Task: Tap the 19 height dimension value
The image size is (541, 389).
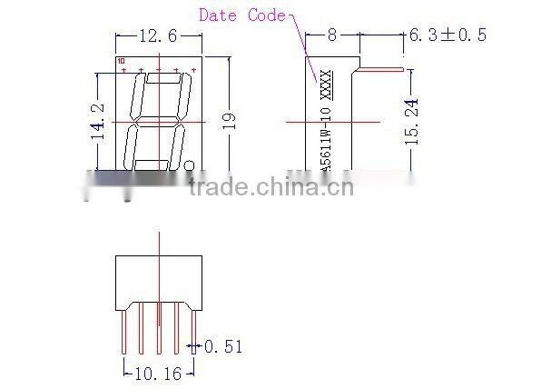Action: point(229,118)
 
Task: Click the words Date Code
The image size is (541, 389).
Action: point(241,15)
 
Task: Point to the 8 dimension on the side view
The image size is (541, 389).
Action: point(332,35)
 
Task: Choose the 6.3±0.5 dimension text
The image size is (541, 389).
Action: point(448,35)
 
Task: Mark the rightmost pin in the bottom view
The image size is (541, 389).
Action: point(192,329)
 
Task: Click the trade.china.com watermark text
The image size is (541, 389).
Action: point(270,187)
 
